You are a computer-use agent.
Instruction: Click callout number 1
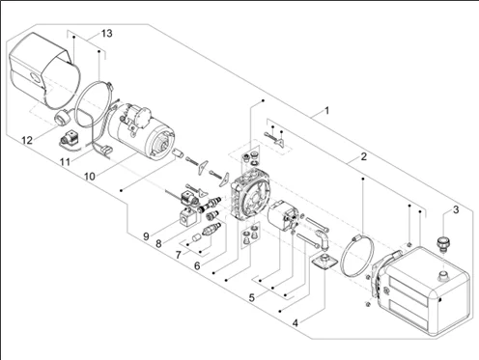tap(327, 111)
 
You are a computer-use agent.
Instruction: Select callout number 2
tap(363, 156)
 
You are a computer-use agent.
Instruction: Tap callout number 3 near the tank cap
tap(456, 209)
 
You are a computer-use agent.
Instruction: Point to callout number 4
tap(296, 322)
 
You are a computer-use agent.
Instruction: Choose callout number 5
tap(252, 298)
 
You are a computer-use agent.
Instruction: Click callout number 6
tap(197, 266)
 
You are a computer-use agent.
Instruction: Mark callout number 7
tap(179, 255)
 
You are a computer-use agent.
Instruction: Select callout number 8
tap(158, 244)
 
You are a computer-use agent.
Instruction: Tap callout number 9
tap(146, 236)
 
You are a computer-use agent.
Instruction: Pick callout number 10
tap(90, 177)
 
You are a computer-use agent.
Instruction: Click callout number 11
tap(66, 161)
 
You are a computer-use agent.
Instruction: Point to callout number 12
tap(27, 140)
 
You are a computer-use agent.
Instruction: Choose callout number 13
tap(106, 33)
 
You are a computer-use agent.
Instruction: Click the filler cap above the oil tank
tap(442, 245)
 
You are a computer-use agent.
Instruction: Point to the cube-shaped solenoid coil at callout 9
tap(187, 218)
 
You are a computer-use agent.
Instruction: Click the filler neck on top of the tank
tap(443, 275)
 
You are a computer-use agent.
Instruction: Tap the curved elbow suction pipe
tap(323, 238)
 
